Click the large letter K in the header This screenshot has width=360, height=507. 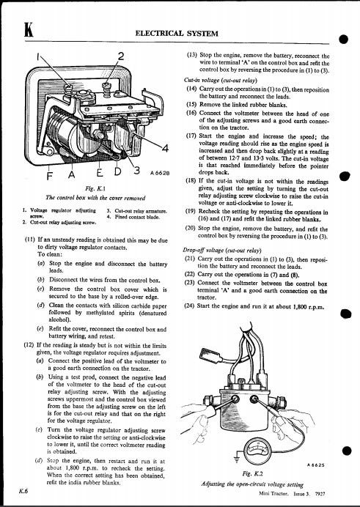coord(29,29)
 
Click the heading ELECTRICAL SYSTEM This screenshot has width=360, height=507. coord(177,33)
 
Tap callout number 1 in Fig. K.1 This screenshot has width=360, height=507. coord(38,57)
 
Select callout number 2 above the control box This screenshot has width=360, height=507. coord(121,56)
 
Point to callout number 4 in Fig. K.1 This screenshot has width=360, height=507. coord(165,148)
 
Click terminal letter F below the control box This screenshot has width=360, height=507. coord(49,176)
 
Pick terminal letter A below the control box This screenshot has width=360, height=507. coord(71,174)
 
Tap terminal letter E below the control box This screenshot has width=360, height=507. coord(100,172)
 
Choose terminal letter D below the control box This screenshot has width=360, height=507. coord(118,171)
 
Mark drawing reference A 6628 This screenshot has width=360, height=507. coord(160,173)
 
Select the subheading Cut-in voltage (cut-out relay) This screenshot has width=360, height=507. coord(220,80)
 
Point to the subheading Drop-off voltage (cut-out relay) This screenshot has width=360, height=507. coord(222,251)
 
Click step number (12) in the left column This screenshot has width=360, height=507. coord(29,345)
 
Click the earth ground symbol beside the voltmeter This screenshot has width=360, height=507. coord(236,458)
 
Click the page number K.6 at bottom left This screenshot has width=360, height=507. coord(23,491)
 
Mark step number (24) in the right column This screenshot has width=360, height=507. coord(190,306)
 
